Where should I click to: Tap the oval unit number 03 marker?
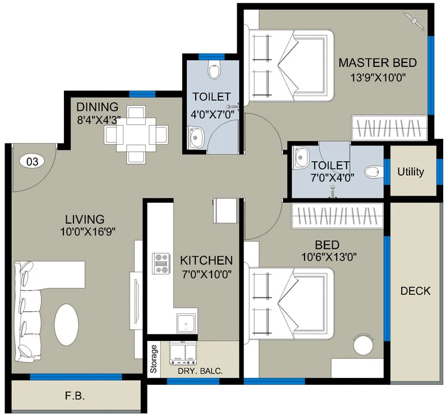pyautogui.click(x=33, y=162)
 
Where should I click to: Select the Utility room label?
pyautogui.click(x=411, y=172)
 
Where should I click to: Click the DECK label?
pyautogui.click(x=415, y=290)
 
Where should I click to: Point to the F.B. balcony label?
pyautogui.click(x=74, y=396)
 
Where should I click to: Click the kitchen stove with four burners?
pyautogui.click(x=162, y=263)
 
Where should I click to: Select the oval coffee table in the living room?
pyautogui.click(x=68, y=325)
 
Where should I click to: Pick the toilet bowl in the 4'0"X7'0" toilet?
pyautogui.click(x=214, y=70)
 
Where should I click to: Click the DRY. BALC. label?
pyautogui.click(x=200, y=371)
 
